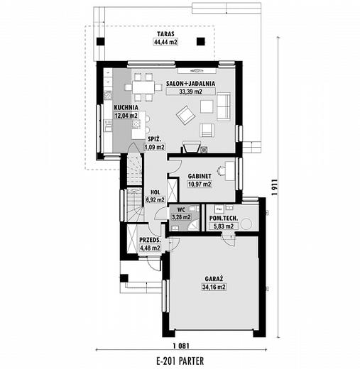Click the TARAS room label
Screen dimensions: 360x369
pos(165,34)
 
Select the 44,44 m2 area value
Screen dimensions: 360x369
pos(165,42)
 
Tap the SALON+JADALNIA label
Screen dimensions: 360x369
pos(190,84)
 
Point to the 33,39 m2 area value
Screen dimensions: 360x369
pos(191,92)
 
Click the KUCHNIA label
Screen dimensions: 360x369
pos(126,108)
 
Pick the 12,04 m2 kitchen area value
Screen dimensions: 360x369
pos(126,116)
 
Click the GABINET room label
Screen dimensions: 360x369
pos(200,176)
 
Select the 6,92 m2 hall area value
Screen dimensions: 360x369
pos(156,200)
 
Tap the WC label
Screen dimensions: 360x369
pos(181,209)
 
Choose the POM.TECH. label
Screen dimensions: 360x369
pos(224,218)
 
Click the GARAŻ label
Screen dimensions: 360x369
pos(214,279)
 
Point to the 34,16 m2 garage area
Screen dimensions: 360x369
pos(214,287)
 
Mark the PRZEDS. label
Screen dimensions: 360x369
pos(150,240)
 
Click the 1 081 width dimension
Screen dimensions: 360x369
pos(181,346)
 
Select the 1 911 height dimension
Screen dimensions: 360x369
pos(274,187)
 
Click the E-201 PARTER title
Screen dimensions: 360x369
pos(180,361)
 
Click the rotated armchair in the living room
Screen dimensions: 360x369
pos(186,115)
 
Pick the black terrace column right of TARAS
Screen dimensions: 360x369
pos(201,42)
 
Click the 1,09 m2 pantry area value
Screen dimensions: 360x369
pos(155,147)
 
